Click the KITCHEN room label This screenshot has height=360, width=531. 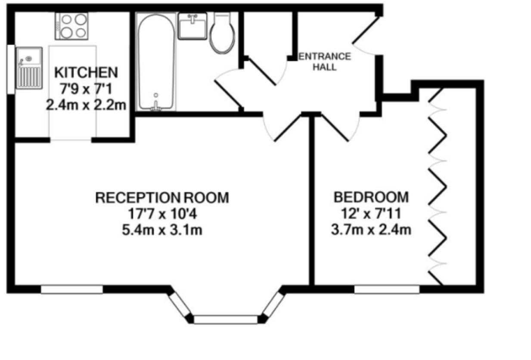tap(86, 72)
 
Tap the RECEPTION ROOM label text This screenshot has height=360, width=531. tap(162, 198)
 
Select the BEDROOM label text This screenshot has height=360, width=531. tap(371, 197)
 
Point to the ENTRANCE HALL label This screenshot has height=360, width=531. tap(325, 62)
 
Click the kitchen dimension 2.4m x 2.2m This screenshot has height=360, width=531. tap(86, 105)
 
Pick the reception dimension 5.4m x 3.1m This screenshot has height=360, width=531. tap(162, 230)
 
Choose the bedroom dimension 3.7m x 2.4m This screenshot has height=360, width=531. tap(371, 230)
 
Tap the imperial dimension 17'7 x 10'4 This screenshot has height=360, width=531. tap(162, 214)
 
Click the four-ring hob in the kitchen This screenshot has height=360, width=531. tap(71, 26)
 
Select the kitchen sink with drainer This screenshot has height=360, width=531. tap(29, 68)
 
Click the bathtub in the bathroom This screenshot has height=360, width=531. tap(156, 62)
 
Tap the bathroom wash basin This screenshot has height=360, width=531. tap(193, 26)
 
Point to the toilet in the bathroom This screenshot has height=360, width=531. tap(222, 33)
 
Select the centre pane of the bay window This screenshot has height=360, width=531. tap(226, 320)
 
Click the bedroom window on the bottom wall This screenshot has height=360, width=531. tap(387, 289)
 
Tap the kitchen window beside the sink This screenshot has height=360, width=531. tap(11, 69)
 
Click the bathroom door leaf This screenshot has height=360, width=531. tap(229, 93)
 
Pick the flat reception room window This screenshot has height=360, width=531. tap(72, 289)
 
